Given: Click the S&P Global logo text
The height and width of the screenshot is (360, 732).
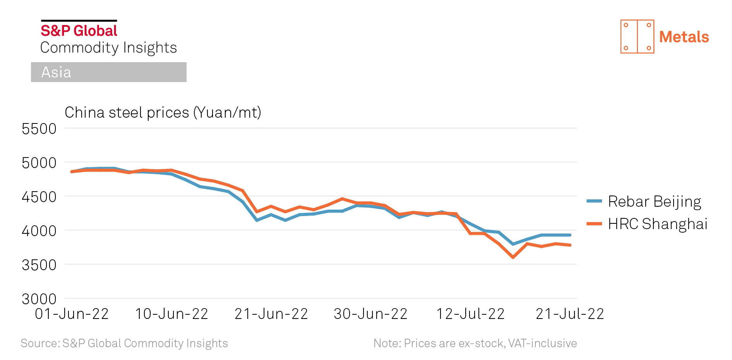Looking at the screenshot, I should [79, 31].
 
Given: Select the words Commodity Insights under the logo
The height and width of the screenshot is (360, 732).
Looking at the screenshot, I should [108, 48].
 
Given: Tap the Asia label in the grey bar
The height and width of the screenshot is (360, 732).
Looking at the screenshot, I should [56, 72].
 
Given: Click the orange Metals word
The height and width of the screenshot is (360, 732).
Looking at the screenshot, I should [684, 37].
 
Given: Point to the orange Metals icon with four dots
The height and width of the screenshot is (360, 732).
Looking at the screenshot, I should [637, 36].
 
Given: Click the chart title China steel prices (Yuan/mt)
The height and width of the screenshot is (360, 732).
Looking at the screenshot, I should [163, 113].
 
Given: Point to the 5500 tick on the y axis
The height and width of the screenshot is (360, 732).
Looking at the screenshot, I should [39, 129].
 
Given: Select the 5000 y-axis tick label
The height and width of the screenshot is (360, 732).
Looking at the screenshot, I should [39, 163].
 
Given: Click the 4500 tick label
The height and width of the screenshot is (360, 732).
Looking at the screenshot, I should [39, 197].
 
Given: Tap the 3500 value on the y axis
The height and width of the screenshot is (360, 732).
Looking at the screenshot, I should [39, 265].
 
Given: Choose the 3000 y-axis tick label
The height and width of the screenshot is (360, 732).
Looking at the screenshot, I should [39, 299].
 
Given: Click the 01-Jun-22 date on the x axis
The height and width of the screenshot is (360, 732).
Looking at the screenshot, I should [72, 314].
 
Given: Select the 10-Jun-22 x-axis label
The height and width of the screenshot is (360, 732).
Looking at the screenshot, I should [171, 314].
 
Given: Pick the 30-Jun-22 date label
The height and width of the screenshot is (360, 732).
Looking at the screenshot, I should [371, 314].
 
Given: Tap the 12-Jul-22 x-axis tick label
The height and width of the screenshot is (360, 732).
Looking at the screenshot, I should [470, 314].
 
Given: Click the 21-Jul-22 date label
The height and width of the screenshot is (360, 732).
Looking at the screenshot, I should [570, 314].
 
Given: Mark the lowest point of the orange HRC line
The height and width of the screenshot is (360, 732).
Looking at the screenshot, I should [513, 257].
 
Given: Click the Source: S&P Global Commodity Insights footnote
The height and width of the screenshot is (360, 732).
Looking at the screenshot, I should [124, 343].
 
